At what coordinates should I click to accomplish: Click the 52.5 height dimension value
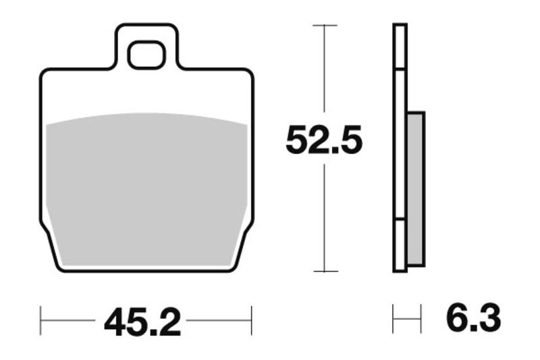(x=324, y=140)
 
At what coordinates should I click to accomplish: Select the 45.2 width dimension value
(x=142, y=323)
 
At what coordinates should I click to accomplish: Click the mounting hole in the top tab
(x=146, y=55)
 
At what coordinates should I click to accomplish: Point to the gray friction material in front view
(x=146, y=189)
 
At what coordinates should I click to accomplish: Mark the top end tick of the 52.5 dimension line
(x=325, y=26)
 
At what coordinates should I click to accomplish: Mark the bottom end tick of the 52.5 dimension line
(x=325, y=272)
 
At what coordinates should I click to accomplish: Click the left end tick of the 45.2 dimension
(x=41, y=319)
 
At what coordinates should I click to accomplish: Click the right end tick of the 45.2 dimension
(x=251, y=319)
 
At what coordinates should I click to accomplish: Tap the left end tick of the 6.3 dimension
(x=394, y=319)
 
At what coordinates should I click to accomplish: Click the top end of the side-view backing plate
(x=400, y=26)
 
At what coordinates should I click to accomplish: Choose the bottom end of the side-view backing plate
(x=400, y=270)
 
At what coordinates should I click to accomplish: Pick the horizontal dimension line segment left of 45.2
(x=67, y=319)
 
